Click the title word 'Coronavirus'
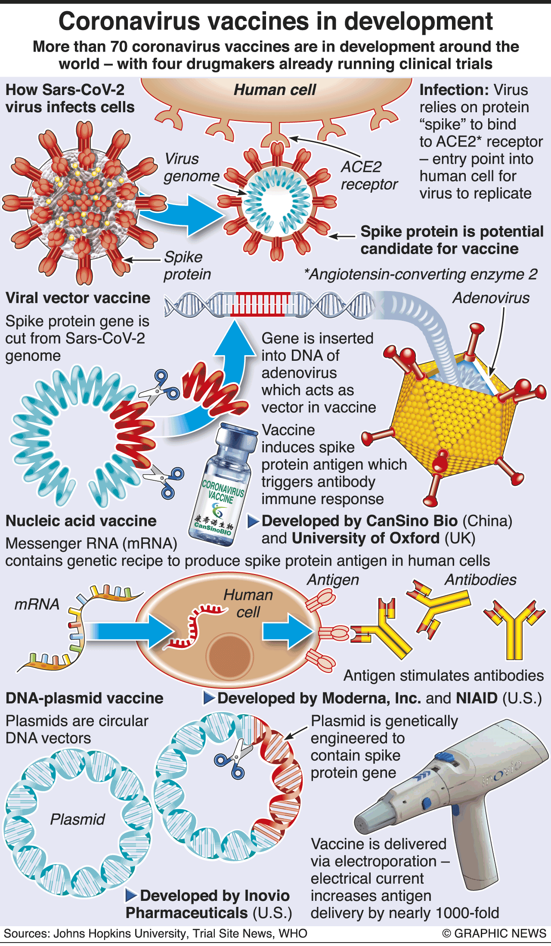coord(129,21)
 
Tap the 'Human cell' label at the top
coord(275,90)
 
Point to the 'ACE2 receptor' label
coord(368,175)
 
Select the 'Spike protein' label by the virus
coord(187,265)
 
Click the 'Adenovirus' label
coord(491,298)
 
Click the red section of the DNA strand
coord(260,304)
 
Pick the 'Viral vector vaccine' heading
coord(78,298)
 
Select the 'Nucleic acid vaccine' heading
coord(81,521)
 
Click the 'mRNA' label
coord(37,604)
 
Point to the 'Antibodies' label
coord(480,580)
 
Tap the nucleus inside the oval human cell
coord(229,656)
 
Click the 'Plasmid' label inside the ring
coord(77,819)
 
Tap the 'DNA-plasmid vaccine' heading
coord(84,698)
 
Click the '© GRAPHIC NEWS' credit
coord(494,934)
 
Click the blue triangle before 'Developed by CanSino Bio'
coord(253,521)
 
